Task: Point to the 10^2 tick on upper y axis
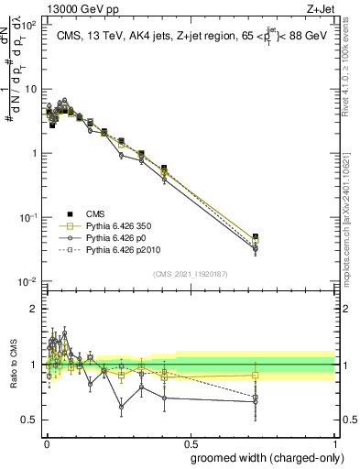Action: click(30, 26)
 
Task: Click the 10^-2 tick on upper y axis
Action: click(29, 281)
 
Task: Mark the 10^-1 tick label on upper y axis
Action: click(29, 217)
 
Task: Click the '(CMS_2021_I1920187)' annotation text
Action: click(190, 274)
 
